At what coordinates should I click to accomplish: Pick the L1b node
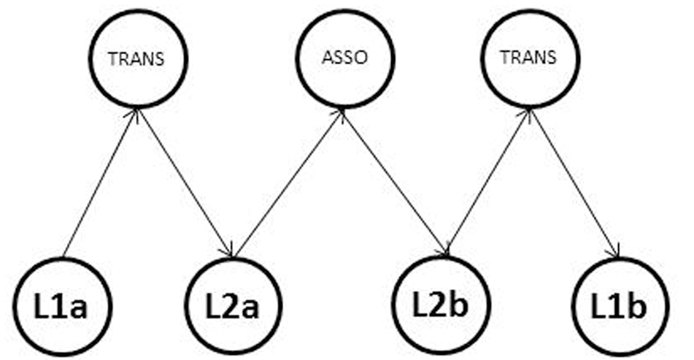(x=619, y=305)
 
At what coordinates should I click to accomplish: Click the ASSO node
(x=342, y=58)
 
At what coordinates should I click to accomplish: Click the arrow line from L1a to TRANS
(x=100, y=183)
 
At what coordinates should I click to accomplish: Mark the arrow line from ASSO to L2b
(x=394, y=183)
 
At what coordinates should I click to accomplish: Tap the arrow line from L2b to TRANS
(x=487, y=183)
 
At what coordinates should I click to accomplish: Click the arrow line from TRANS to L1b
(x=576, y=183)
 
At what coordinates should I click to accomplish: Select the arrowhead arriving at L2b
(x=443, y=250)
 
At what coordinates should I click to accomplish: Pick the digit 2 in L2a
(x=232, y=305)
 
